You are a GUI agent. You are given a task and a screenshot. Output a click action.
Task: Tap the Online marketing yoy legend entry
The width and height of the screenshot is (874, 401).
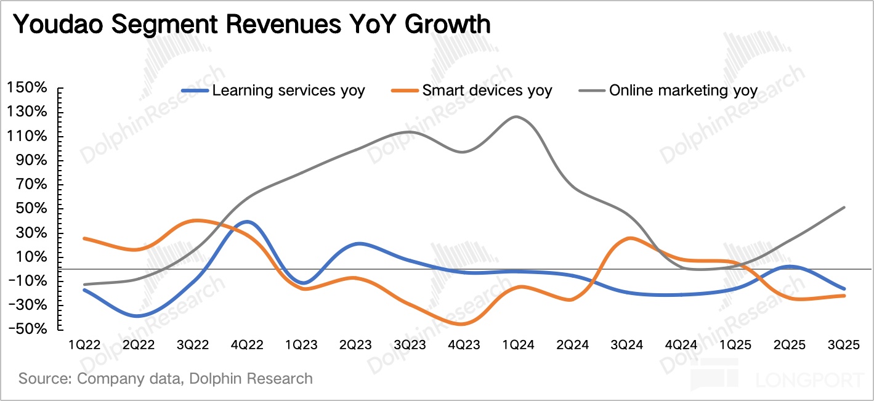tap(668, 91)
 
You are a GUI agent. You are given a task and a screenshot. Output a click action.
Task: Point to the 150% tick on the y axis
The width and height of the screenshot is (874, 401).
tap(26, 88)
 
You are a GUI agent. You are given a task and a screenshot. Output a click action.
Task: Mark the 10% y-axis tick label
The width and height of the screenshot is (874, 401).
tap(31, 257)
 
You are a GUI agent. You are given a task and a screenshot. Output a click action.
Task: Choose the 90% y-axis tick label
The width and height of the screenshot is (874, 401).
tap(31, 160)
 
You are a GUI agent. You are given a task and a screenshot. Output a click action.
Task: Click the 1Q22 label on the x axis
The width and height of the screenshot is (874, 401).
tap(84, 345)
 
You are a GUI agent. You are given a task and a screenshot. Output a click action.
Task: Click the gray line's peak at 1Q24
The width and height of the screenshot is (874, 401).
tap(516, 117)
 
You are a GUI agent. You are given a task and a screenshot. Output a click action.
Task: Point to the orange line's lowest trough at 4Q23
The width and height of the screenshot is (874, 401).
tap(462, 324)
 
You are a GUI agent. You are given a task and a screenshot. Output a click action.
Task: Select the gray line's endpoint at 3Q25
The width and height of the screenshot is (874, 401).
tap(844, 208)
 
